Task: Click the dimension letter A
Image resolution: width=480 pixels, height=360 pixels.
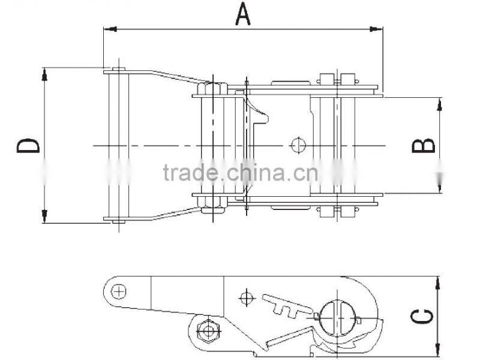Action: [242, 13]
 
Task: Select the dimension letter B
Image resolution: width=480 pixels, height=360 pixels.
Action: [424, 145]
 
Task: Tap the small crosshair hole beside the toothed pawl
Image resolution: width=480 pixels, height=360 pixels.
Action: [245, 296]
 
